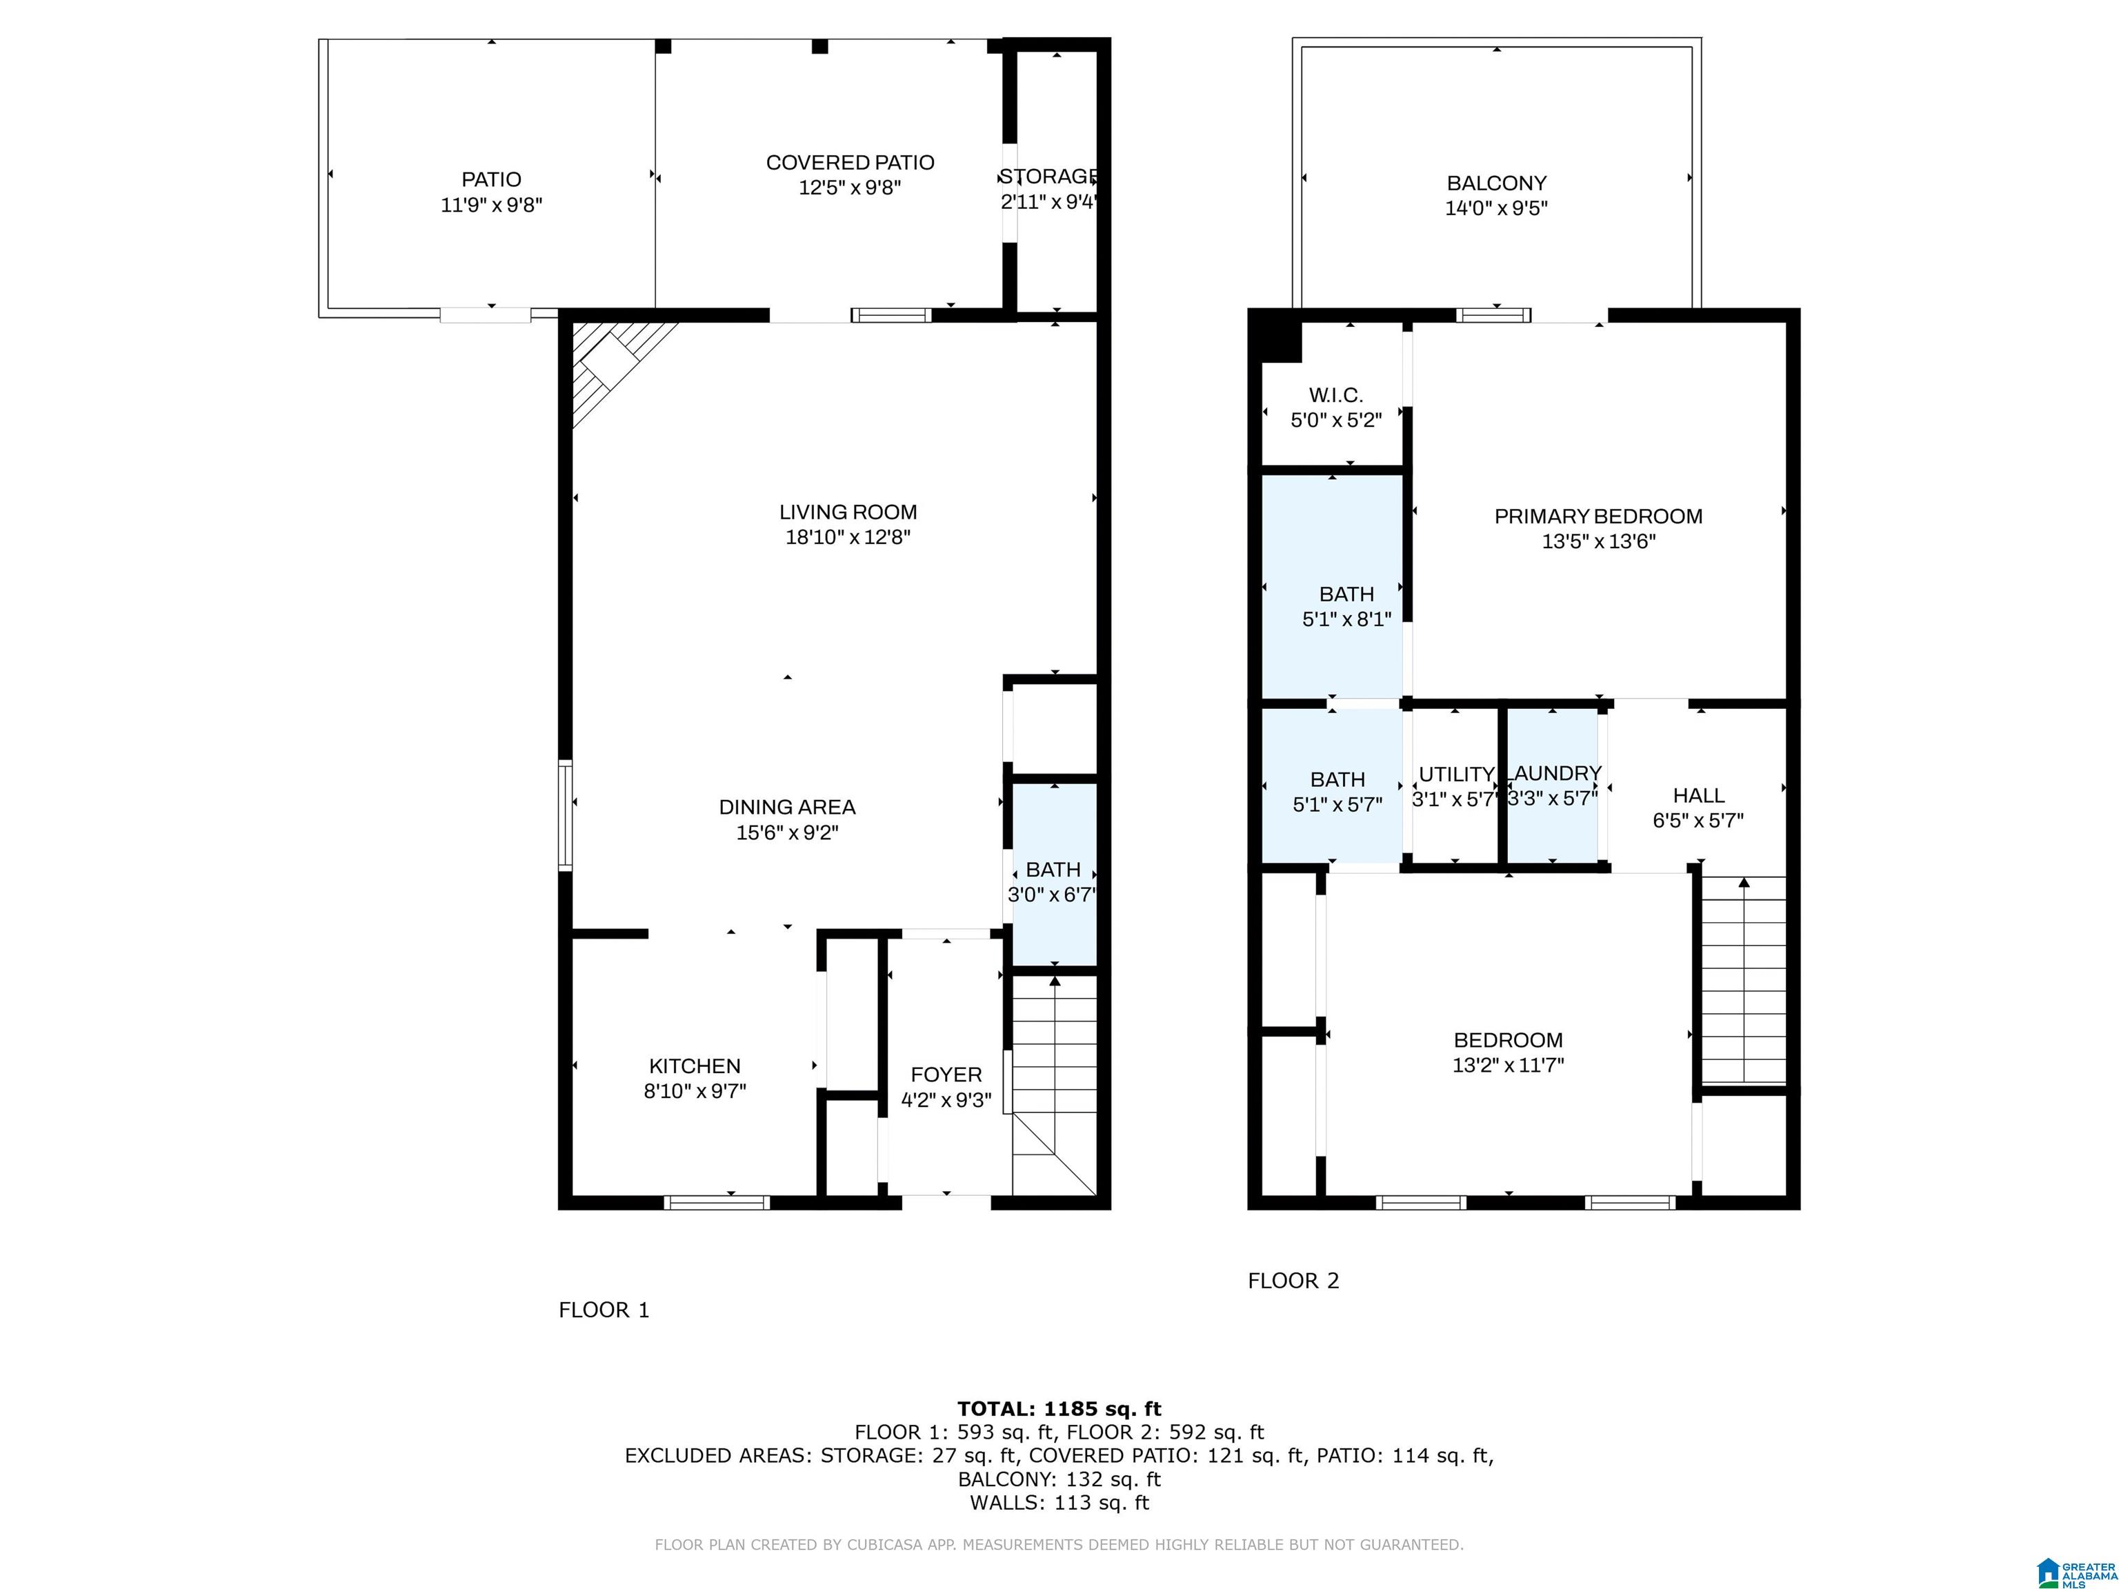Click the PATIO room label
point(491,179)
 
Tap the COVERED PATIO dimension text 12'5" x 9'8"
point(850,188)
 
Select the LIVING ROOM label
point(848,512)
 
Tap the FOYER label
point(946,1075)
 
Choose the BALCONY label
point(1496,183)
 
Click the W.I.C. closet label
point(1335,394)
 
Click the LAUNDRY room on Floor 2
point(1553,786)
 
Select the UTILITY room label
point(1456,774)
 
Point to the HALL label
point(1698,795)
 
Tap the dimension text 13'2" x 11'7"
point(1508,1065)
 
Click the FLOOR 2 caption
point(1293,1281)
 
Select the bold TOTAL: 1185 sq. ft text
point(1059,1409)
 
